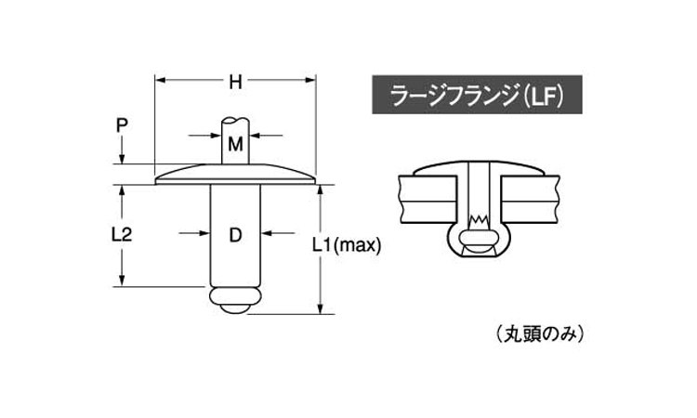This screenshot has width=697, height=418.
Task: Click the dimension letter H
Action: click(236, 82)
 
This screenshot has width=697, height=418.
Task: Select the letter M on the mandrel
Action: click(236, 144)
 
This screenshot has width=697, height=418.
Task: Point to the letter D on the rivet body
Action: click(235, 235)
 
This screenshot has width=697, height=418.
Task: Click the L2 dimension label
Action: click(121, 235)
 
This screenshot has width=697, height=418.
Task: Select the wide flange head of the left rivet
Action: click(236, 174)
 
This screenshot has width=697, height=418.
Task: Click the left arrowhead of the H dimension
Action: click(159, 81)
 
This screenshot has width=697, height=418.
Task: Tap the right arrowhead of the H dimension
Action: click(314, 81)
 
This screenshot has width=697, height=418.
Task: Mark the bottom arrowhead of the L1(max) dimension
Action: click(322, 311)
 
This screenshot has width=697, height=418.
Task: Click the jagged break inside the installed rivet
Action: click(479, 220)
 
